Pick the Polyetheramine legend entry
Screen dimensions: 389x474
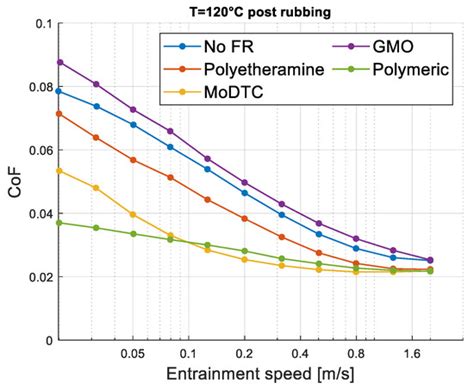251,70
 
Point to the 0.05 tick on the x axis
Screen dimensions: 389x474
133,354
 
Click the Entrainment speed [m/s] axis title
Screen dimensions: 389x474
255,375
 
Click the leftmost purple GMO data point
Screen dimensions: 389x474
60,62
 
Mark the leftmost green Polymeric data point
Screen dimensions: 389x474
60,223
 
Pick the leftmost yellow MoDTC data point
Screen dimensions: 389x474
60,171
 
